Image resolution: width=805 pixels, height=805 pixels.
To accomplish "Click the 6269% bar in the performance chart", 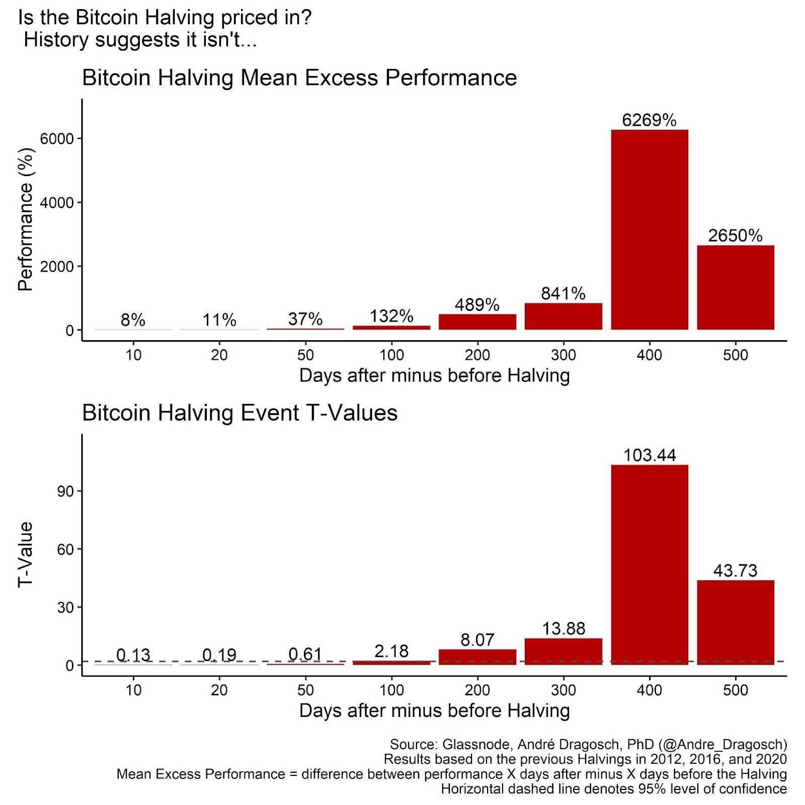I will (649, 230).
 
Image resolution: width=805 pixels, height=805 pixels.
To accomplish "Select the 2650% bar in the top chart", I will (735, 287).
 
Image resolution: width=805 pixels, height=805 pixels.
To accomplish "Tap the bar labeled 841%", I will (563, 316).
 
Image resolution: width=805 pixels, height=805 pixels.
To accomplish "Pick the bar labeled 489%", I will (477, 322).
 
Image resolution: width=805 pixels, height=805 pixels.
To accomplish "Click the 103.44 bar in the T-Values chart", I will (649, 565).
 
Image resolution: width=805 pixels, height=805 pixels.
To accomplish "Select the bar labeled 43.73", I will (735, 622).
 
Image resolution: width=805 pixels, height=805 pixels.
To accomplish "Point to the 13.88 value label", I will (563, 628).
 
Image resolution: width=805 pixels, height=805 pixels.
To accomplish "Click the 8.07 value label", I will (477, 640).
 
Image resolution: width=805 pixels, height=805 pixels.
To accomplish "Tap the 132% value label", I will (391, 316).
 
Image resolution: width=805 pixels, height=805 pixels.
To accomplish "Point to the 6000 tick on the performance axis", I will (57, 139).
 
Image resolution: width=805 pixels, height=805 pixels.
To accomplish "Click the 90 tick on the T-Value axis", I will (65, 491).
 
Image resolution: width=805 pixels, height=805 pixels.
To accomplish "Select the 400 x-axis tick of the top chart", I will (649, 355).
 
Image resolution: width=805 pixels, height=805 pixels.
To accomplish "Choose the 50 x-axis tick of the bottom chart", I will (305, 690).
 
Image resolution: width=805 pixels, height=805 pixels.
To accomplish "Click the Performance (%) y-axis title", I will (25, 220).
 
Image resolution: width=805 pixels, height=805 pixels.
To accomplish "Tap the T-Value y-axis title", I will (25, 554).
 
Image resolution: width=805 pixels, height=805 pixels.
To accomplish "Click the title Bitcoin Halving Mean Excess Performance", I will (299, 78).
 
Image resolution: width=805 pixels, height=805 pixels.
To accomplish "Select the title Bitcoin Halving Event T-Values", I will (239, 413).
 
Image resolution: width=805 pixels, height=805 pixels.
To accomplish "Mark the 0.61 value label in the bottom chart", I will (305, 654).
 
